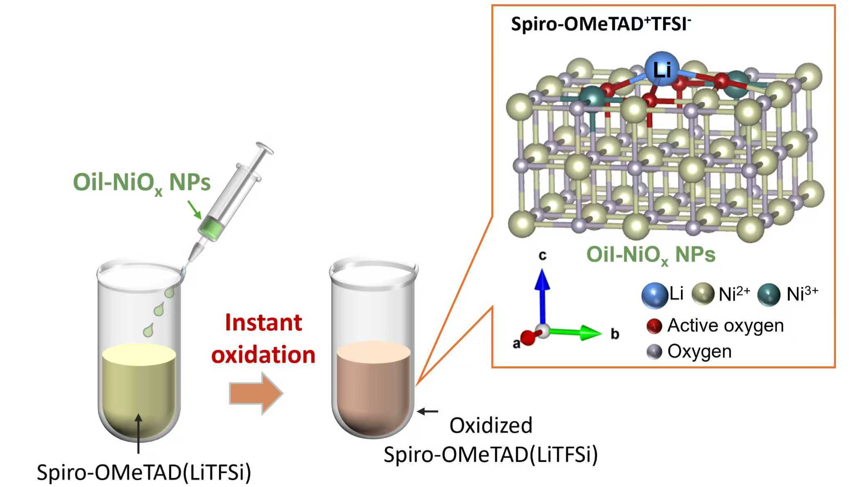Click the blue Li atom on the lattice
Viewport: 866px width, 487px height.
pos(661,69)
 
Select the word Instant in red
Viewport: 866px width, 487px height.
pos(263,322)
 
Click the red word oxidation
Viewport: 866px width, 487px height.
pos(263,355)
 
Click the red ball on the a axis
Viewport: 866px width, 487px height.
pos(527,338)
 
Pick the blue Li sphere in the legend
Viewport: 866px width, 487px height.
pos(654,295)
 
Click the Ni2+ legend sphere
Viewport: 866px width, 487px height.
pos(702,294)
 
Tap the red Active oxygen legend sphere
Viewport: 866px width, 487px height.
pos(654,326)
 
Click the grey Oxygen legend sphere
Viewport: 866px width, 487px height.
pos(654,352)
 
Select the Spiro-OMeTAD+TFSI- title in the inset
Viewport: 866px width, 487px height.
pos(601,24)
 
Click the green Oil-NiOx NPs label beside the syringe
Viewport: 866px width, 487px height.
pos(141,183)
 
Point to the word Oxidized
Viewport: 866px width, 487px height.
pos(490,425)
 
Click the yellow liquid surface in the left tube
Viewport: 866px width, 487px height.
pos(139,354)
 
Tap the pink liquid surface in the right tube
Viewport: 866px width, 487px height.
pos(373,352)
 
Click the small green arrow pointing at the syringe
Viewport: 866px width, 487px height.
pos(194,210)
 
